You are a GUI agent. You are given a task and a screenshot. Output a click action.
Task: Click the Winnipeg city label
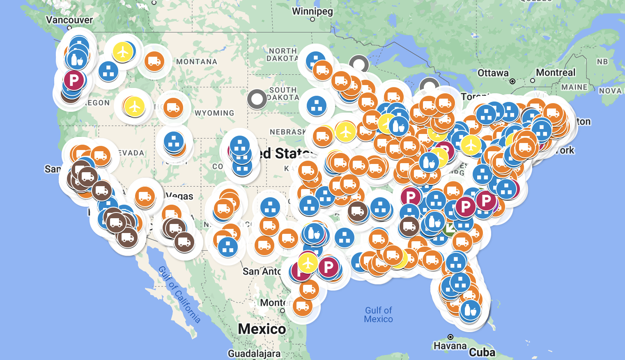[x=312, y=11]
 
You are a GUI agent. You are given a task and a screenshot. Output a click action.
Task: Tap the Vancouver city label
[x=69, y=20]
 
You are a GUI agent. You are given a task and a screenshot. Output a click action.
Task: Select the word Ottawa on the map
[x=493, y=73]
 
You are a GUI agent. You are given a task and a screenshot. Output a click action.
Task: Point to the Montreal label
[x=555, y=73]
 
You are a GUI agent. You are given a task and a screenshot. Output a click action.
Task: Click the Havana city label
[x=450, y=346]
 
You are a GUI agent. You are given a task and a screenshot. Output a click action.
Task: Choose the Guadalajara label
[x=254, y=354]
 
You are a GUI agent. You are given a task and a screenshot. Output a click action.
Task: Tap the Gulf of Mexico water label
[x=379, y=315]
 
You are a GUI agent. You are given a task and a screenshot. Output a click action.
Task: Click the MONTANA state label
[x=197, y=62]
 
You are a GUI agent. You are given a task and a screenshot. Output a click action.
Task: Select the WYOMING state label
[x=214, y=113]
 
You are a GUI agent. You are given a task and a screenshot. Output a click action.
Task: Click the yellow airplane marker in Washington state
[x=123, y=52]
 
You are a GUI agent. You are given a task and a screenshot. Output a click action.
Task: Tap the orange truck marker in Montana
[x=154, y=61]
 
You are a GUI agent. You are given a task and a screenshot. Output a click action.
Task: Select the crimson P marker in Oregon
[x=74, y=80]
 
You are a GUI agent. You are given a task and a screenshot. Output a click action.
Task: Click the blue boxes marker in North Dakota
[x=315, y=61]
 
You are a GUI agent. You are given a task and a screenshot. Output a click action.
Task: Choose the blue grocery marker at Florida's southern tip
[x=470, y=310]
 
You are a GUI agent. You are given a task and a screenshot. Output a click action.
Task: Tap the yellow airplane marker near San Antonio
[x=308, y=263]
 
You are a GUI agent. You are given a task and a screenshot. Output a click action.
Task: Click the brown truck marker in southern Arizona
[x=184, y=242]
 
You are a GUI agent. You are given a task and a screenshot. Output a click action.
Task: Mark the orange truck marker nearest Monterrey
[x=302, y=306]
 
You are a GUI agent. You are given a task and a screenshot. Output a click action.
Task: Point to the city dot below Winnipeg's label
[x=312, y=19]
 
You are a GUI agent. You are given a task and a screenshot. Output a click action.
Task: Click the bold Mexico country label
[x=262, y=329]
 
